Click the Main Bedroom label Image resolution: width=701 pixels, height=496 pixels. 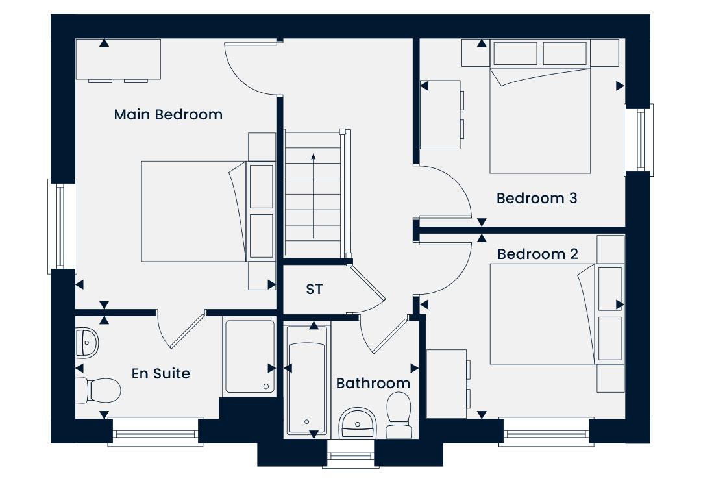[x=168, y=114]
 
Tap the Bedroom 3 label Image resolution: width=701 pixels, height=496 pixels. [x=537, y=198]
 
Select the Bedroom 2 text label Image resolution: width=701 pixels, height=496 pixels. [x=537, y=254]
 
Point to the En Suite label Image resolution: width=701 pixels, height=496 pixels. [x=161, y=373]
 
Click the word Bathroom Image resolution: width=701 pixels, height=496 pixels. [x=373, y=383]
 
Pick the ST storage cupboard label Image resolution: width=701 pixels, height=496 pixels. [x=314, y=290]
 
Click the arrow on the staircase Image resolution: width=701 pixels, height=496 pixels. [x=314, y=196]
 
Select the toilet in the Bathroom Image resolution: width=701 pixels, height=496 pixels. [x=399, y=415]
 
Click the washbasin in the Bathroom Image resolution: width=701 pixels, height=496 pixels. [x=358, y=423]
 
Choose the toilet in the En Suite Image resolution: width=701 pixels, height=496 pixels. [x=99, y=390]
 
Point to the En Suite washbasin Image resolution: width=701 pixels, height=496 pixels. [x=87, y=343]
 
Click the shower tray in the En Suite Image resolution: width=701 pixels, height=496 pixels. [x=249, y=356]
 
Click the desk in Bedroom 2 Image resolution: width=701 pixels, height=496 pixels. [x=447, y=384]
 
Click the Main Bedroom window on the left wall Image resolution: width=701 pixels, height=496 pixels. [x=62, y=227]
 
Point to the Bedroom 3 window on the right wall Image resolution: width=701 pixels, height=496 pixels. [x=639, y=140]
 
